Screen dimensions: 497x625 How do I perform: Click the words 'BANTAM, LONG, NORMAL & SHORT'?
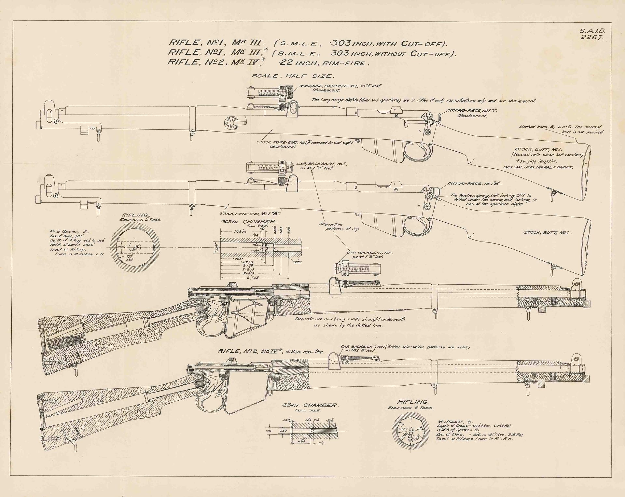point(538,167)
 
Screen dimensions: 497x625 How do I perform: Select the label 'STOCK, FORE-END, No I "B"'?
point(250,214)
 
